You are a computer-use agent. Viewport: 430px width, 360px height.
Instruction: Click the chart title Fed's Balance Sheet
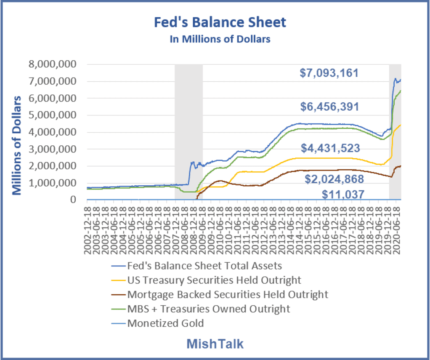coord(220,22)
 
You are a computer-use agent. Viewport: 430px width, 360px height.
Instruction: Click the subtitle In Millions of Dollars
coord(220,39)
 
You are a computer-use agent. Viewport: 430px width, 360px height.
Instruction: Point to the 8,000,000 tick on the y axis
coord(52,64)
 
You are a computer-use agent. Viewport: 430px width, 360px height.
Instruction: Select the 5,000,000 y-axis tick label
coord(52,115)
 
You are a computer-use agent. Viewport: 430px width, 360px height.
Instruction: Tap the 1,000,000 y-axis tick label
coord(52,183)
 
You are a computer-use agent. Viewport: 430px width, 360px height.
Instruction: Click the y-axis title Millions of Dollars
coord(16,145)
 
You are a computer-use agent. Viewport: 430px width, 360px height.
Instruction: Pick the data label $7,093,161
coord(329,73)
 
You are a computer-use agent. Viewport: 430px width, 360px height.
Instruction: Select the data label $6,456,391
coord(329,107)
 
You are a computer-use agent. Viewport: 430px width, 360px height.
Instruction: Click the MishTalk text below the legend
coord(215,344)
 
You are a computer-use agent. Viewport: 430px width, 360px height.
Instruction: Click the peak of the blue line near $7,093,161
coord(395,78)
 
